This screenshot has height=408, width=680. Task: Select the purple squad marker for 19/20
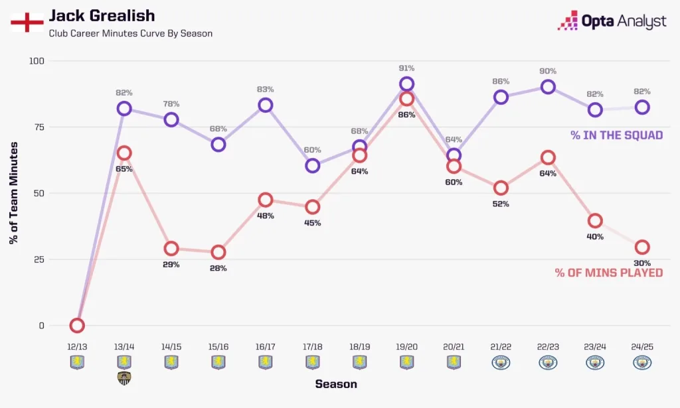point(407,84)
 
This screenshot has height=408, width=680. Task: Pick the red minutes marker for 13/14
point(124,153)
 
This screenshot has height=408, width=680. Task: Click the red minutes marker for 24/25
point(642,247)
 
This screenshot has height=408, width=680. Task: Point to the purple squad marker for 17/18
point(313,166)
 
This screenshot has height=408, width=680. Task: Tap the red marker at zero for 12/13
point(77,325)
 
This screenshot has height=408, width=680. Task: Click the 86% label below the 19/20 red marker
point(407,115)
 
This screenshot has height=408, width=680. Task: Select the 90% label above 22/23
point(548,71)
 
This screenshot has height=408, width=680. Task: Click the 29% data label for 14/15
point(171,265)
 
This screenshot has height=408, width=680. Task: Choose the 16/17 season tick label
point(266,347)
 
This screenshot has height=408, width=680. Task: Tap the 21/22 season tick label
point(501,347)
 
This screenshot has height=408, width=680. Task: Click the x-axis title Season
point(335,384)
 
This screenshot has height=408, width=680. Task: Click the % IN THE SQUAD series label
point(616,135)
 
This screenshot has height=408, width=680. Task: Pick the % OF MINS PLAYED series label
point(608,273)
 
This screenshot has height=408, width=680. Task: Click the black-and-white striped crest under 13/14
point(124,378)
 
